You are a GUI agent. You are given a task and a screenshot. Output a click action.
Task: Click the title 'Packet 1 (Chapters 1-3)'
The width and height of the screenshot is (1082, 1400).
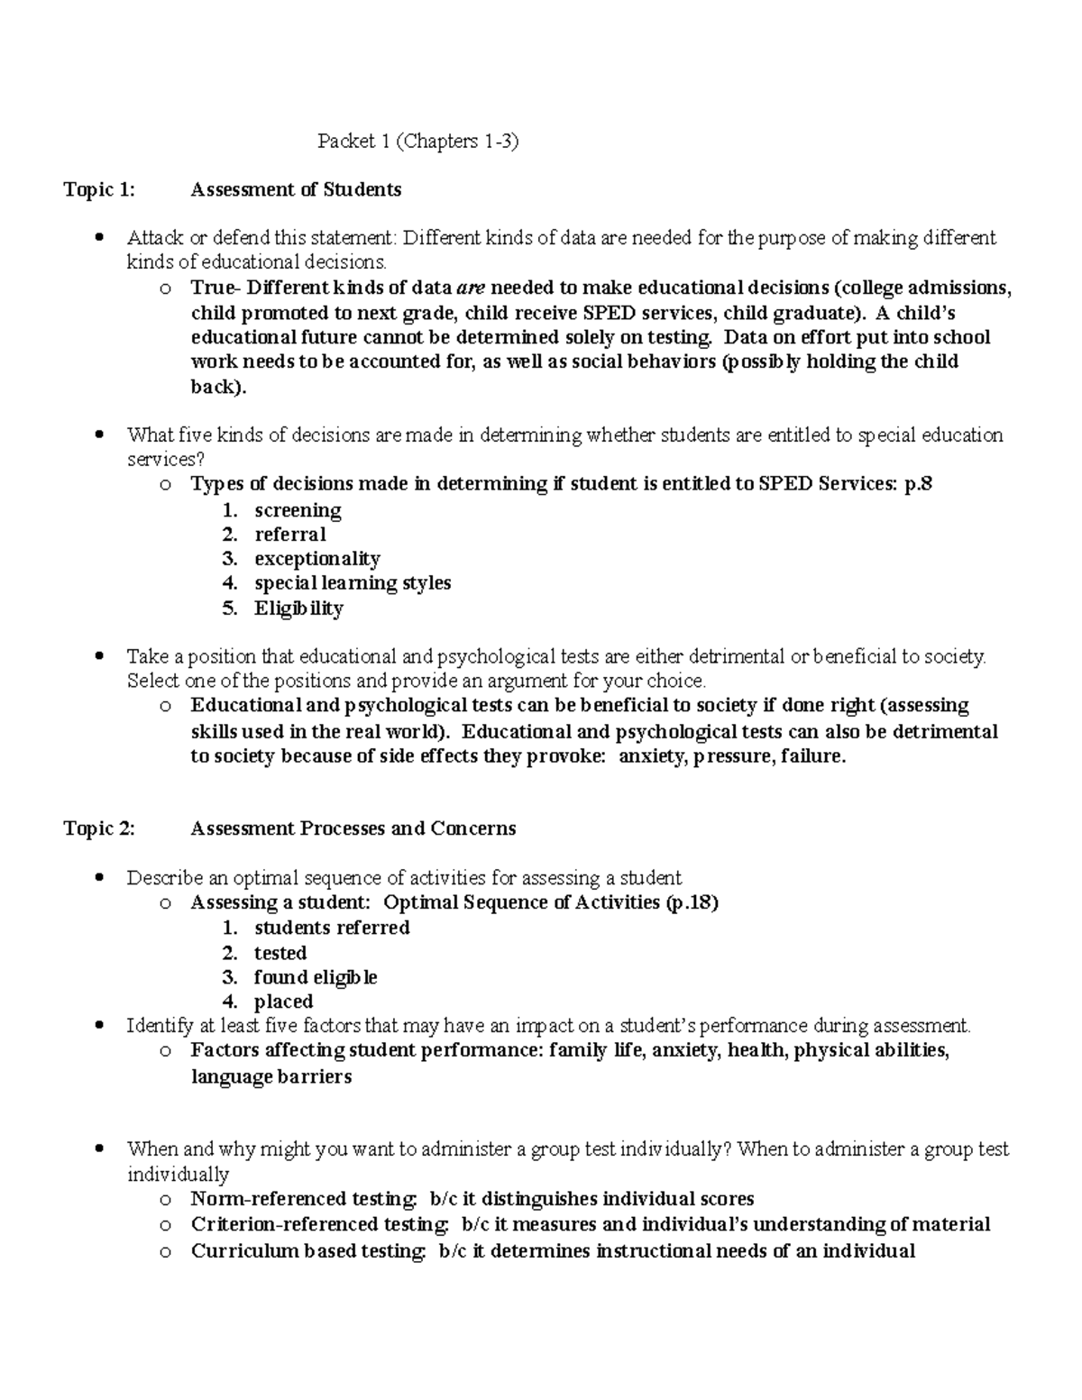pos(418,142)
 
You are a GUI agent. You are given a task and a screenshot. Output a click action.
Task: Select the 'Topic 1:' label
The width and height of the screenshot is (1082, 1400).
pos(98,190)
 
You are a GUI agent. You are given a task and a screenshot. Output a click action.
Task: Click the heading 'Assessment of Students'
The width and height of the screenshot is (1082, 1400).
pos(296,190)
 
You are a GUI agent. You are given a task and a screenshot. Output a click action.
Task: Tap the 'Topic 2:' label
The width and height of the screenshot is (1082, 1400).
pos(99,828)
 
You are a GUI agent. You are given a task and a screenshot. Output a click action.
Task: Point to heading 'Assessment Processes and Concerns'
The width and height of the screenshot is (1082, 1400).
pos(353,828)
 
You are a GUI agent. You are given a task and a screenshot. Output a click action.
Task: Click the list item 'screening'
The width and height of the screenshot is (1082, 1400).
pos(298,510)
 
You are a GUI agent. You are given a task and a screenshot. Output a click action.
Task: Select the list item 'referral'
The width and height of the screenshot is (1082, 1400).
pos(289,535)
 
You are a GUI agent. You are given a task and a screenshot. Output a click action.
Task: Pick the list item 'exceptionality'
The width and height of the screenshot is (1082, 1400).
pos(317,559)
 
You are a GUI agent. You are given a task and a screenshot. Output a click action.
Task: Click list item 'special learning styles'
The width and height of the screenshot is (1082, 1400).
pos(353,583)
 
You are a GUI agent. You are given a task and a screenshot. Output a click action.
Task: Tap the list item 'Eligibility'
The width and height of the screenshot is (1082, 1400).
pos(298,608)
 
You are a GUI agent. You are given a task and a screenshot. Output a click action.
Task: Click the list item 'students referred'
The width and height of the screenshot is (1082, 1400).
pos(332,928)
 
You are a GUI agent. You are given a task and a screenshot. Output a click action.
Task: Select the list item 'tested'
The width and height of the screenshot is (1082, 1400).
pos(280,953)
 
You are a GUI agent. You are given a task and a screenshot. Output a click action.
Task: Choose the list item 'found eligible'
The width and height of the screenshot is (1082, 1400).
pos(316,977)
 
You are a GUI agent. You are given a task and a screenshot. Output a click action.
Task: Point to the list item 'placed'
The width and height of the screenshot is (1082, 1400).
pos(283,1002)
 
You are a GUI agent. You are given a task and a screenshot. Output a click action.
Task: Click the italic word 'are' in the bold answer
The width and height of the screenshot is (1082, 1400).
pos(472,288)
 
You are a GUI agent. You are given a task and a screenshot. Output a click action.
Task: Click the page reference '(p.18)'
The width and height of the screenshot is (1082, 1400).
pos(692,902)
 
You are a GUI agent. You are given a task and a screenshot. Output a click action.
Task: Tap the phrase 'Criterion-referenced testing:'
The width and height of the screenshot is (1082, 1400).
pos(320,1224)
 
